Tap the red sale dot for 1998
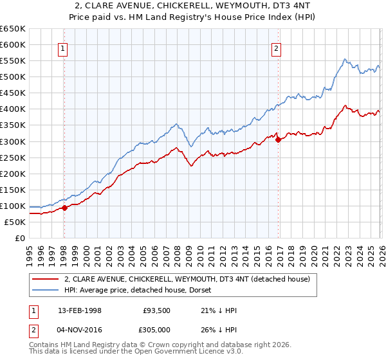point(64,208)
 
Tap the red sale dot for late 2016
point(278,139)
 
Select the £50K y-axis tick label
point(15,222)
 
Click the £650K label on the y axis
point(13,29)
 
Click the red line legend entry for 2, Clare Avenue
point(187,279)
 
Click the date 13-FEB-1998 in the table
point(74,310)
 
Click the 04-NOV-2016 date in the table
point(75,328)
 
